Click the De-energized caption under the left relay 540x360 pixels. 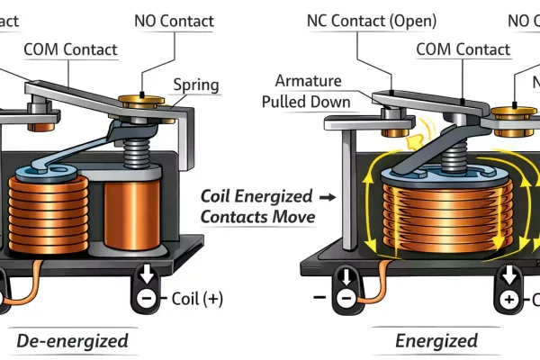click(x=72, y=341)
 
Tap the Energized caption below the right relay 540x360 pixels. click(x=436, y=341)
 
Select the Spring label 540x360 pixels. click(x=196, y=86)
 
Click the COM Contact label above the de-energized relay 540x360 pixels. click(x=70, y=49)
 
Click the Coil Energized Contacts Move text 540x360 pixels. click(x=256, y=206)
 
